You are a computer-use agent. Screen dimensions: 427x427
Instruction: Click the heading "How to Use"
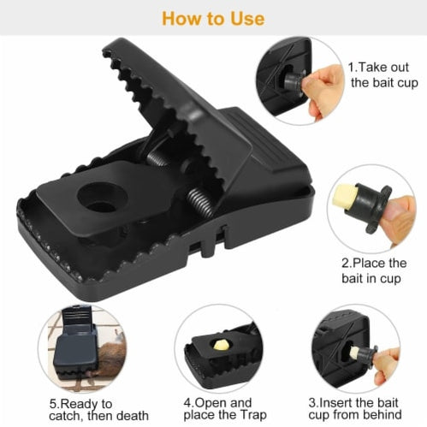(212, 17)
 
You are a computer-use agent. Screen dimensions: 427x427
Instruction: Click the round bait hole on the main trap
(101, 199)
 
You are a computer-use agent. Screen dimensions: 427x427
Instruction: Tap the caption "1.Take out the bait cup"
(383, 74)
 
